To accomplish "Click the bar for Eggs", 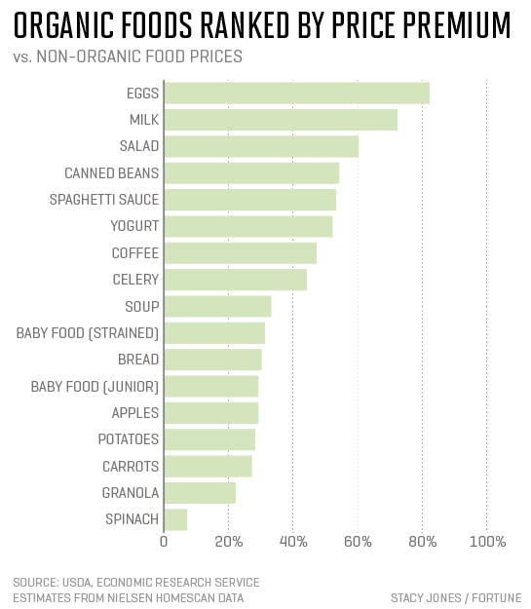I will click(296, 94).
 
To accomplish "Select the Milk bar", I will click(281, 120).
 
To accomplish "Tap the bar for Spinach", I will click(175, 519).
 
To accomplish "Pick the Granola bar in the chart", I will click(200, 493).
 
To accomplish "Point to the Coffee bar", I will click(240, 253).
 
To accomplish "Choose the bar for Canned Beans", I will click(251, 173).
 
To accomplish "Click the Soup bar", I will click(217, 307).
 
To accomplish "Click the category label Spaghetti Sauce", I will click(104, 200).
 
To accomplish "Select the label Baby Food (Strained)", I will click(88, 333).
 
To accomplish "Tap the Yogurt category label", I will click(134, 226).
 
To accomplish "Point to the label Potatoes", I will click(129, 439).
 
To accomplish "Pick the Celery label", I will click(135, 280).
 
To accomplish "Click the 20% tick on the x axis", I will click(228, 542).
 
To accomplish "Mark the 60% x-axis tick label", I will click(358, 542).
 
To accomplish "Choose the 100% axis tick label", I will click(487, 542).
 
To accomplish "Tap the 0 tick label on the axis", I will click(164, 542).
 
